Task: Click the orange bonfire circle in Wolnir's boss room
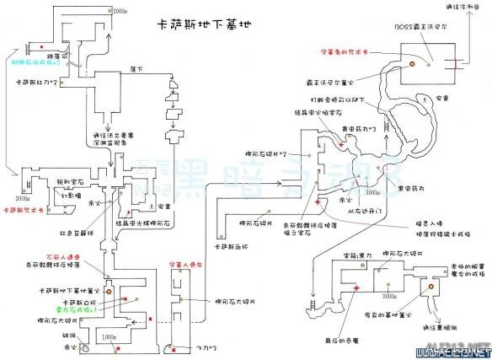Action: click(x=413, y=62)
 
